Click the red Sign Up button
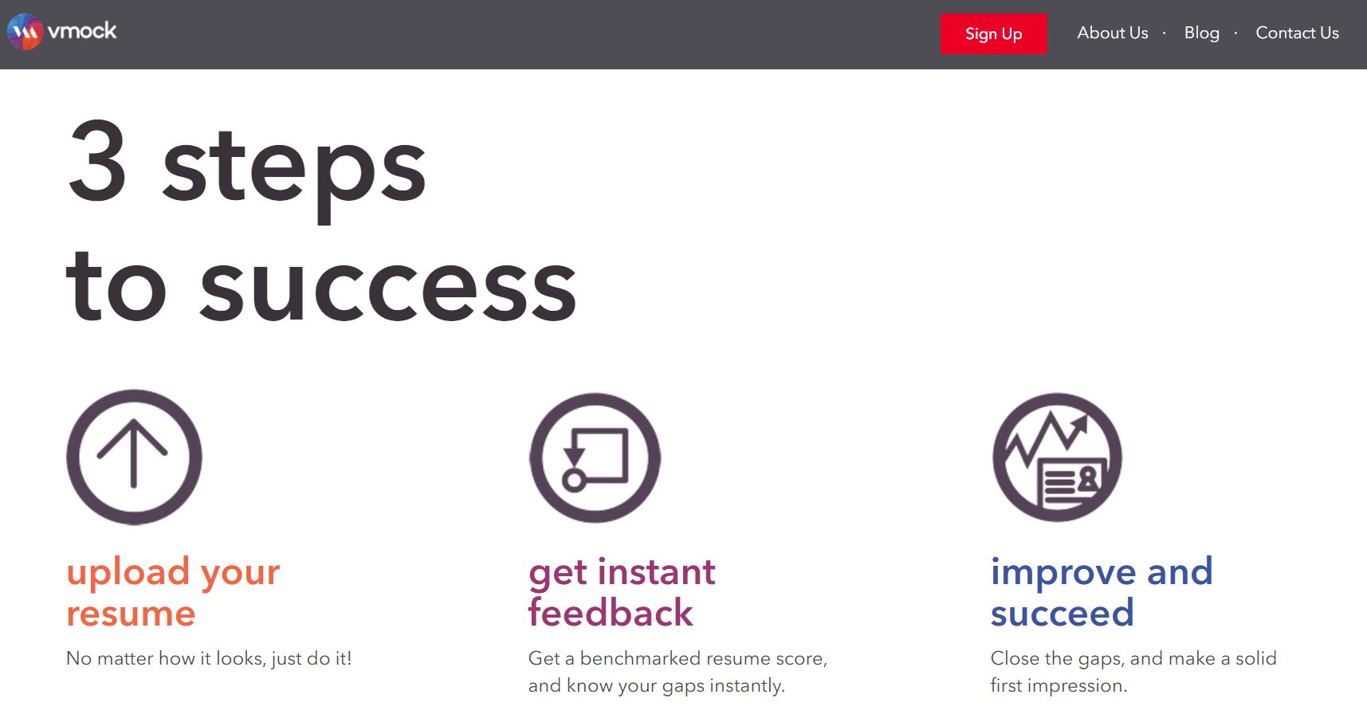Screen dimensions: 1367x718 (993, 33)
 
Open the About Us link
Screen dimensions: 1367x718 (1112, 33)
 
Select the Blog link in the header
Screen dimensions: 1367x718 (1201, 33)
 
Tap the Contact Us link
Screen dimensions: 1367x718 (1297, 33)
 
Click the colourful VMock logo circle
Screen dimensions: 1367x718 (25, 32)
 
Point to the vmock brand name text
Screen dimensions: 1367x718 (82, 31)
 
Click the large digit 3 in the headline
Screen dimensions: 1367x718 (97, 161)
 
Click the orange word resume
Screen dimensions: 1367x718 (131, 614)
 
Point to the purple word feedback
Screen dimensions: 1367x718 (611, 612)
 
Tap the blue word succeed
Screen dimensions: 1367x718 (1062, 613)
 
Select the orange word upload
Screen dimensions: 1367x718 (128, 573)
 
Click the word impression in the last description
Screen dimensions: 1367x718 (1077, 686)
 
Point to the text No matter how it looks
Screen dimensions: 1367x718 (165, 658)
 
